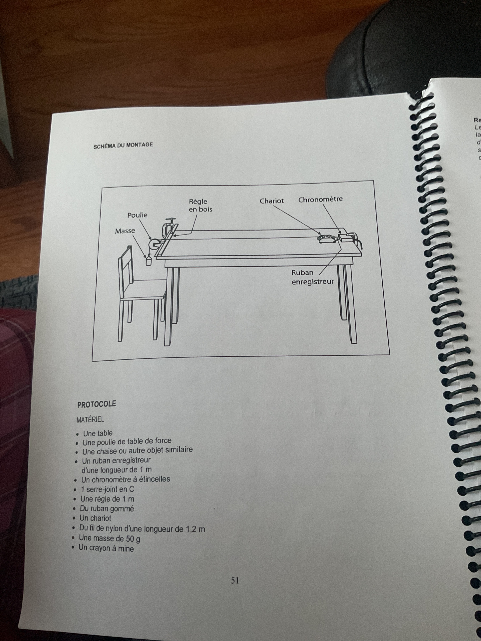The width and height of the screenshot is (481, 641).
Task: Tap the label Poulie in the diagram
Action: coord(137,215)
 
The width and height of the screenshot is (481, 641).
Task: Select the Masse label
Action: coord(125,231)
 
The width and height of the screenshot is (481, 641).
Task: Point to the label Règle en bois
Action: coord(200,205)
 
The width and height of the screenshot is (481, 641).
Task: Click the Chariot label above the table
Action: coord(272,201)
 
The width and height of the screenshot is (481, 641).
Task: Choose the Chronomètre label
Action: coord(320,199)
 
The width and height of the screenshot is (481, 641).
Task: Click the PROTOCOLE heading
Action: coord(96,404)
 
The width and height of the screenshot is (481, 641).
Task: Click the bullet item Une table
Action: coord(98,433)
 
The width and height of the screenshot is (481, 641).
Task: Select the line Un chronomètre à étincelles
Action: coord(126,479)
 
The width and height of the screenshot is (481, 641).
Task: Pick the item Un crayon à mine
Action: coord(106,548)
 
